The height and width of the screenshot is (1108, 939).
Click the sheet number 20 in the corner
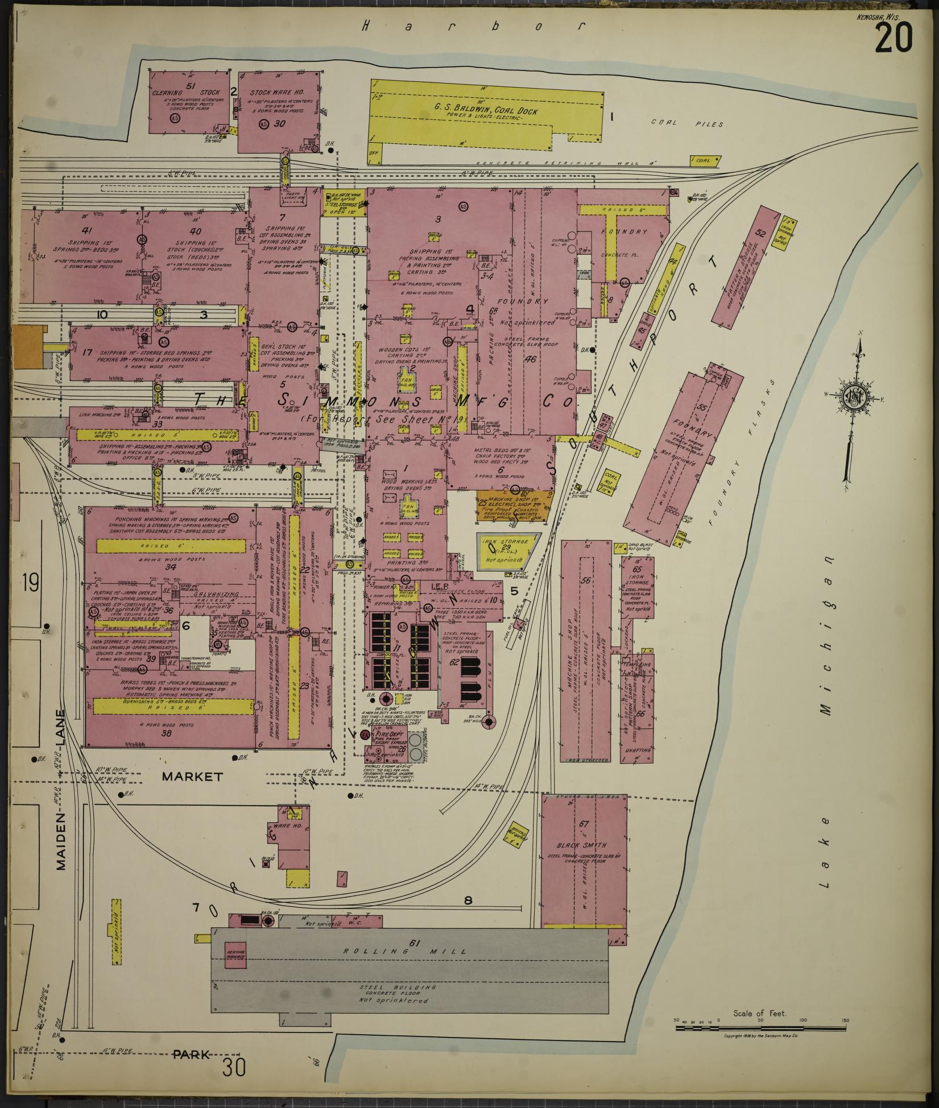[x=894, y=37]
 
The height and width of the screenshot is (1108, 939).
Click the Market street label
[x=192, y=776]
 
